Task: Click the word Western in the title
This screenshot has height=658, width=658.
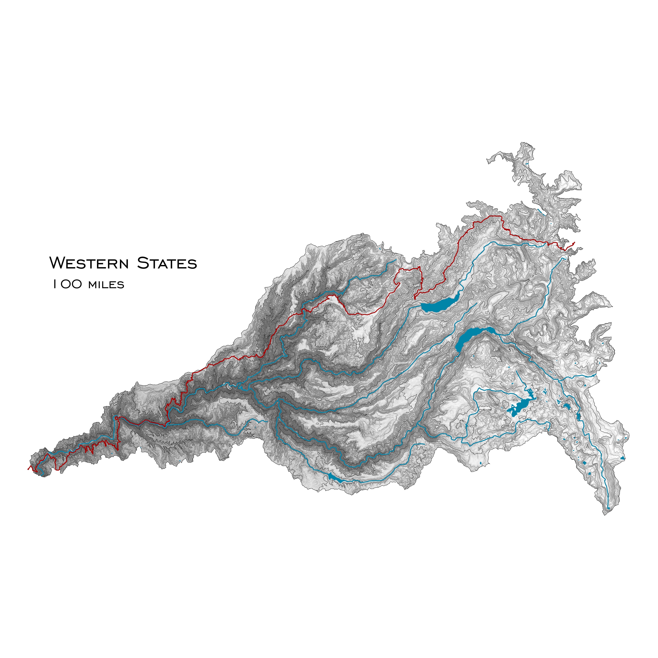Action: point(89,263)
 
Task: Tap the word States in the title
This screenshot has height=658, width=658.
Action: point(167,263)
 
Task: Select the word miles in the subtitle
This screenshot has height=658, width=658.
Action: point(106,284)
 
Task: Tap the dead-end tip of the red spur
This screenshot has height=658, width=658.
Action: point(415,299)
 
